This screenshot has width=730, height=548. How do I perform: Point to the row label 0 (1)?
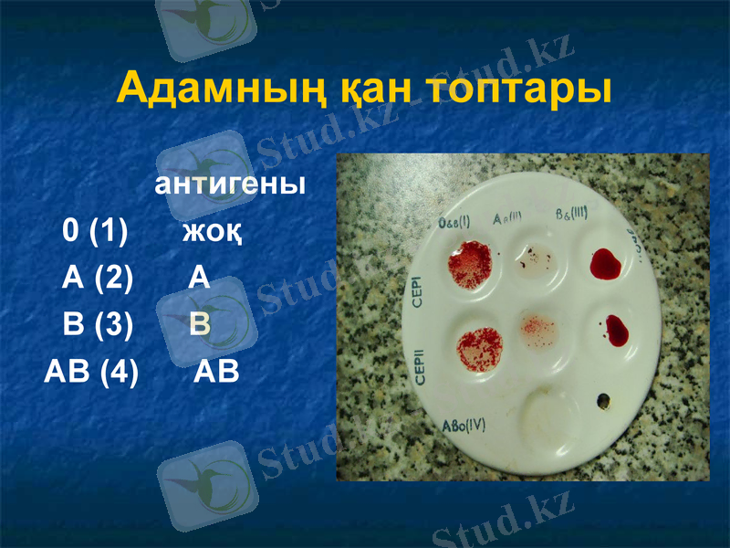point(95,231)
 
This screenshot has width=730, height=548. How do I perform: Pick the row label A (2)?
point(98,278)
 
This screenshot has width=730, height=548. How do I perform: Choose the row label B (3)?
point(98,324)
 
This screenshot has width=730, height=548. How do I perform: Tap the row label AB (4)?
point(91,373)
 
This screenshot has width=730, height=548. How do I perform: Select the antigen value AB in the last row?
point(217,373)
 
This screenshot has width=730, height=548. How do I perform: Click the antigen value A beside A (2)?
point(200,278)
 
